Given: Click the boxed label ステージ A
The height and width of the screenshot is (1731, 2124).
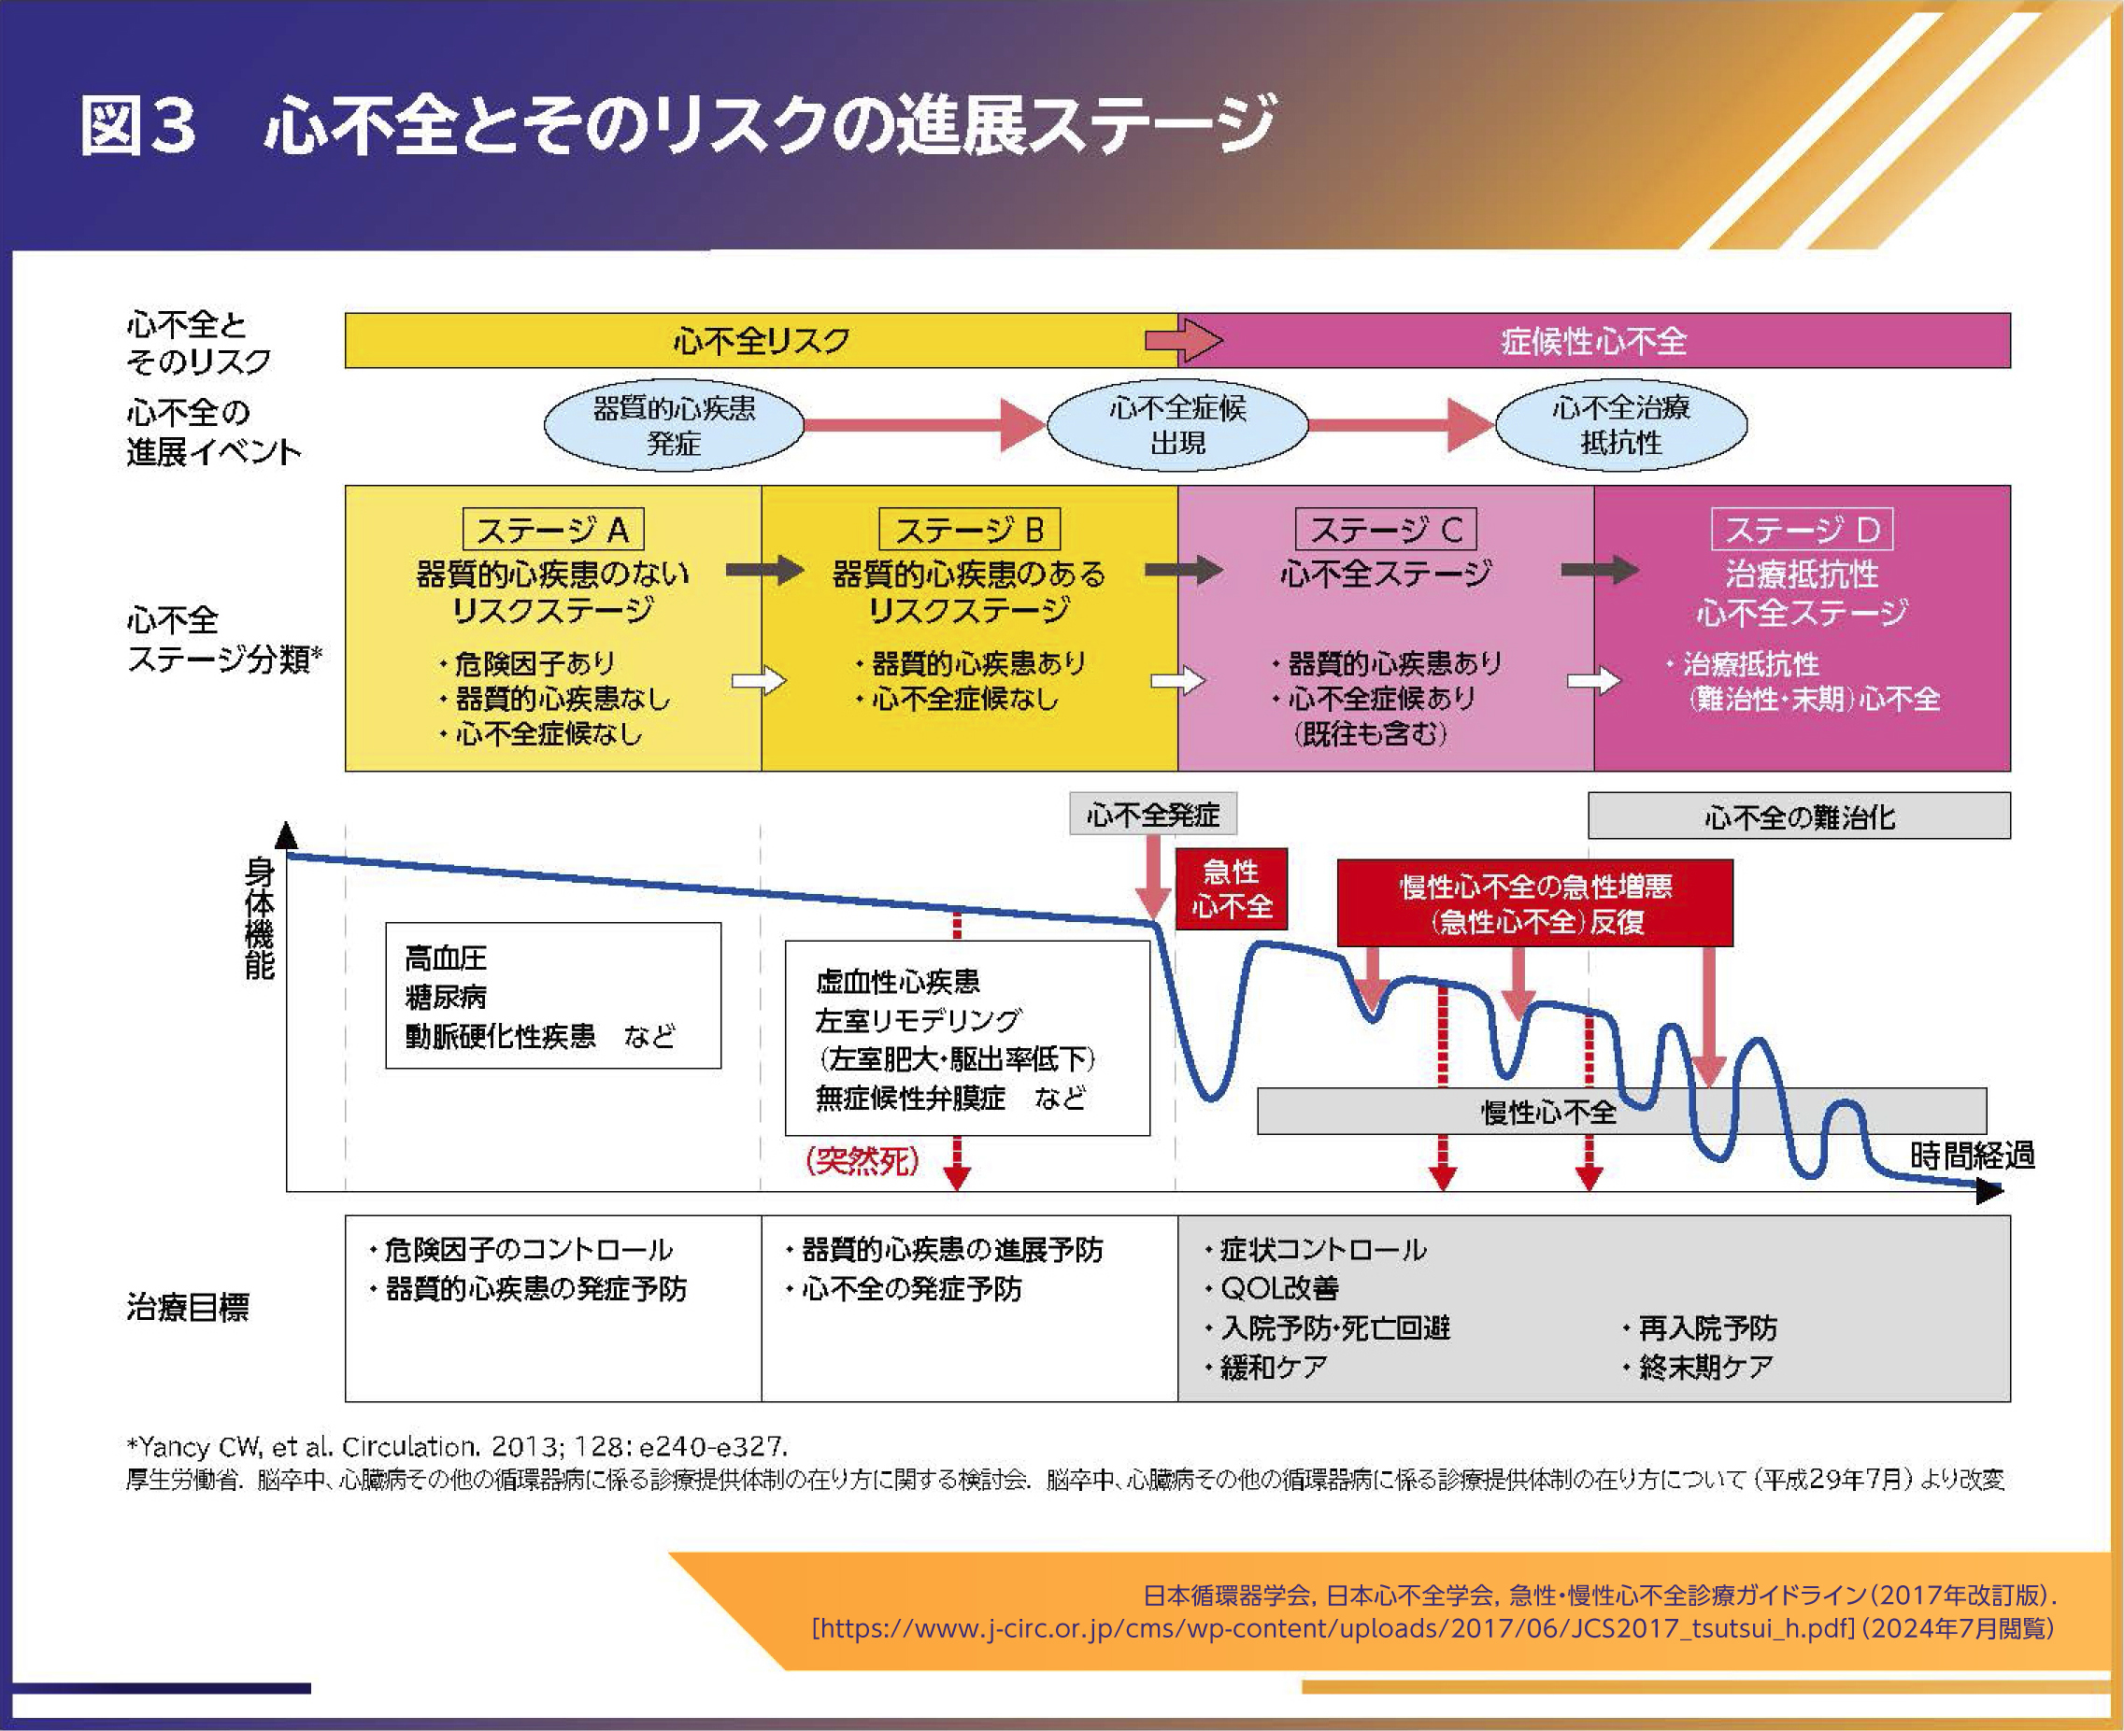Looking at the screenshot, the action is [x=553, y=530].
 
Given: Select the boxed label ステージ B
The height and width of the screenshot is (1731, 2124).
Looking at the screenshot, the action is [x=969, y=530].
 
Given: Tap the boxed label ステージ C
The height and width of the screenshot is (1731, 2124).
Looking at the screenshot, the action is [x=1386, y=530].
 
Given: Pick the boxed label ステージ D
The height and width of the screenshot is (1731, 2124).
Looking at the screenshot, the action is [x=1802, y=530].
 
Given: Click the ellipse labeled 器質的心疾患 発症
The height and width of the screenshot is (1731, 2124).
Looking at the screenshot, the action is [x=674, y=426].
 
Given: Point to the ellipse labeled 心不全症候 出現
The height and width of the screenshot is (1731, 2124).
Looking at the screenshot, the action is [x=1177, y=426].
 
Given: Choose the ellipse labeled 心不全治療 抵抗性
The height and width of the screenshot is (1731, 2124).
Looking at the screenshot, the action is [x=1621, y=426].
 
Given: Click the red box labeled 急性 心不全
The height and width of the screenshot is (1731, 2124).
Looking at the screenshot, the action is [x=1232, y=889].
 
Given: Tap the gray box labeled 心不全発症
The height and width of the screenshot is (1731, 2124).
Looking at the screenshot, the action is [x=1154, y=815].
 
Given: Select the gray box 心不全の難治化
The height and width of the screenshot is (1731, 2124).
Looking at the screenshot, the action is [x=1799, y=816].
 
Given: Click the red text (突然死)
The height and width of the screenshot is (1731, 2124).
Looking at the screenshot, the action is [x=862, y=1159].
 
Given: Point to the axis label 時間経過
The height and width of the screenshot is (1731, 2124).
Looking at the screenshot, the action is [x=1973, y=1156].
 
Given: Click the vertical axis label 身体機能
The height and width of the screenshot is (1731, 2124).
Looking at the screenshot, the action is [x=259, y=919].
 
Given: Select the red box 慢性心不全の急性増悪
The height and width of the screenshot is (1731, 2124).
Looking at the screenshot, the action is [x=1534, y=903].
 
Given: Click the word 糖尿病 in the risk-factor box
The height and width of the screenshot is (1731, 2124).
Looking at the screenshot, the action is [x=446, y=997].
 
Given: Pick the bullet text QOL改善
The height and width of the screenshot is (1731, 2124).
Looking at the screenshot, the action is [x=1279, y=1288].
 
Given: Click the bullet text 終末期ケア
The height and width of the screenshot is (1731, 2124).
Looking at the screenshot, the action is [x=1706, y=1367].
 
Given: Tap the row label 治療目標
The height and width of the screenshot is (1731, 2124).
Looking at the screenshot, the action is [x=188, y=1307].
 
